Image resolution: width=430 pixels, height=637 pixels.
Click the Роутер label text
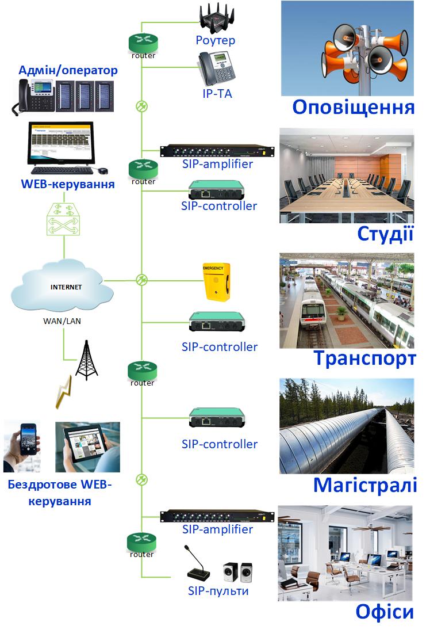(x=216, y=40)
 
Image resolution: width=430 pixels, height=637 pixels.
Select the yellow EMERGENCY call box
(x=216, y=281)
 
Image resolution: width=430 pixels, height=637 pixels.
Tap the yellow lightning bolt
(x=64, y=393)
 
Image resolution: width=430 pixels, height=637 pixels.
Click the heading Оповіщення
(x=353, y=108)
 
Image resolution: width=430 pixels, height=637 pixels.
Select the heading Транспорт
(x=364, y=358)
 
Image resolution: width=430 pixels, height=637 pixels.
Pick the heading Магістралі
(x=365, y=485)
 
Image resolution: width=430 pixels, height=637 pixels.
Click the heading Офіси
(x=385, y=612)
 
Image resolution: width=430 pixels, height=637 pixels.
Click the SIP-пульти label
(x=218, y=591)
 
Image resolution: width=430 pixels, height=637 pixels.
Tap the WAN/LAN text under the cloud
(x=62, y=321)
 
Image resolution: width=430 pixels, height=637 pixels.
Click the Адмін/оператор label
(x=68, y=71)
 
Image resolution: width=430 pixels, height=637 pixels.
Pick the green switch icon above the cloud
(x=64, y=220)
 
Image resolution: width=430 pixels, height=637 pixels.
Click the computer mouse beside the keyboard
(x=102, y=171)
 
